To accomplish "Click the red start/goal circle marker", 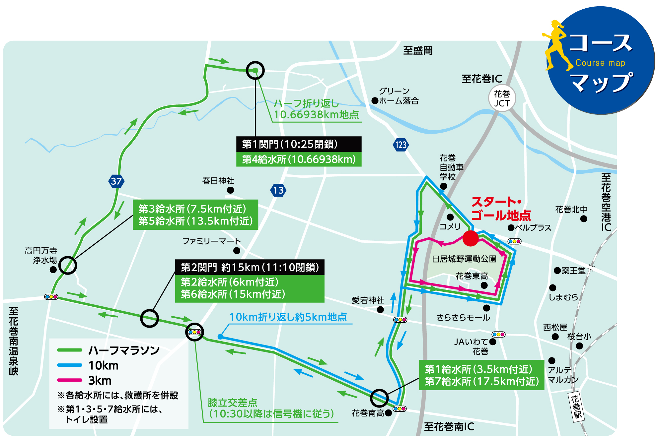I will point(470,238).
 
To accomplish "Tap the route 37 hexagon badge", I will point(116,181).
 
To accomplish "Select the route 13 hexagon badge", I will point(278,190).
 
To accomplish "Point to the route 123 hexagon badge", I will point(401,145).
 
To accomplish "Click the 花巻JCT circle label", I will point(502,98).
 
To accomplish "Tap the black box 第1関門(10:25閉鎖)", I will point(299,144).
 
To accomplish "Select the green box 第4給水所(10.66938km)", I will point(299,159).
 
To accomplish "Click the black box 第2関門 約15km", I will point(250,267).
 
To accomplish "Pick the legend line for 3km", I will point(69,380).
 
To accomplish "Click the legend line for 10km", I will point(69,365).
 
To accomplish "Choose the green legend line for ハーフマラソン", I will point(69,350).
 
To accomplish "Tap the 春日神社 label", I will point(218,181).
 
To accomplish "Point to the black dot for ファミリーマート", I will point(237,251).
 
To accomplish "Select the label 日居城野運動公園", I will point(464,259).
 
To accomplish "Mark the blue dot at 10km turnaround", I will point(220,337).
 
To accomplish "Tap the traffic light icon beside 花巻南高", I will point(400,409).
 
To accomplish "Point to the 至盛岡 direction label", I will point(418,51).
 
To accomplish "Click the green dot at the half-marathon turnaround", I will point(255,70).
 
